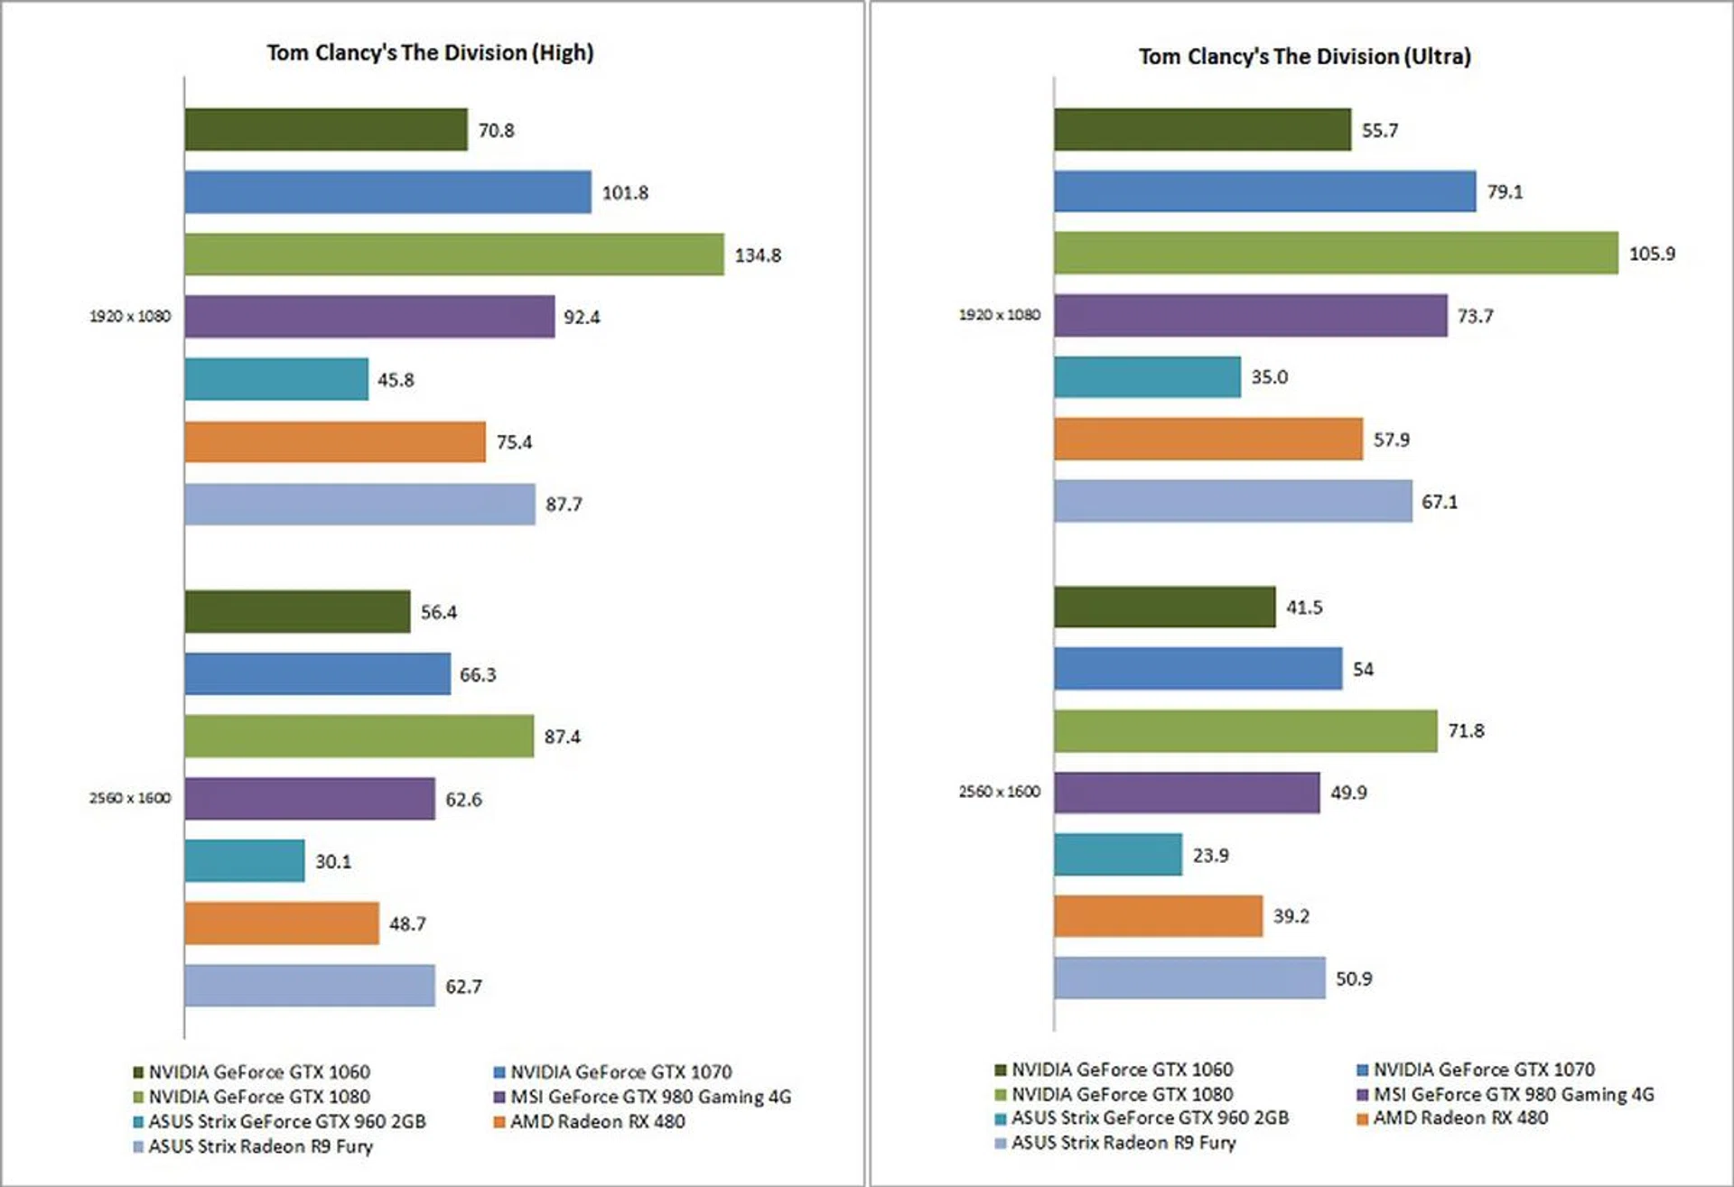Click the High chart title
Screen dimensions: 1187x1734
click(430, 53)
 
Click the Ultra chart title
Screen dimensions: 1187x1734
click(1304, 57)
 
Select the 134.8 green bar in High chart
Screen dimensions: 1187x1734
click(453, 255)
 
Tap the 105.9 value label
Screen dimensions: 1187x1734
click(1651, 254)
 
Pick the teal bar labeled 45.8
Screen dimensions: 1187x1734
click(276, 379)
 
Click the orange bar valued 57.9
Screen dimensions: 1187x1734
click(1207, 439)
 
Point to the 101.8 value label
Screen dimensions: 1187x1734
click(625, 193)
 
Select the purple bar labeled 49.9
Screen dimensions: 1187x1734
click(1186, 793)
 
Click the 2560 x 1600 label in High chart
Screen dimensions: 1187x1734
click(130, 798)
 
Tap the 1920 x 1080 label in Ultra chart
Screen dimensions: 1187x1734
click(999, 315)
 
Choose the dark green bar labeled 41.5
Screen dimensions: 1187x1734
click(1164, 607)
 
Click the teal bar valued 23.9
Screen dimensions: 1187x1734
click(1117, 854)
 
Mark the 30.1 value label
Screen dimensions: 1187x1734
click(333, 862)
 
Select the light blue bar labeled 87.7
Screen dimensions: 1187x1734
click(359, 505)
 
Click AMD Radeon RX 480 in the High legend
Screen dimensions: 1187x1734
click(597, 1122)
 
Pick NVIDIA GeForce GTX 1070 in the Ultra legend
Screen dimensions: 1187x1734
click(1483, 1070)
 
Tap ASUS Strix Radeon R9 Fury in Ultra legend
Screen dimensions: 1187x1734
click(1123, 1143)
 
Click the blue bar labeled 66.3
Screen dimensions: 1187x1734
click(317, 674)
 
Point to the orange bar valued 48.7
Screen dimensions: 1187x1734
click(282, 923)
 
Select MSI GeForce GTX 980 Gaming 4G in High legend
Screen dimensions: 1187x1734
click(650, 1097)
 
